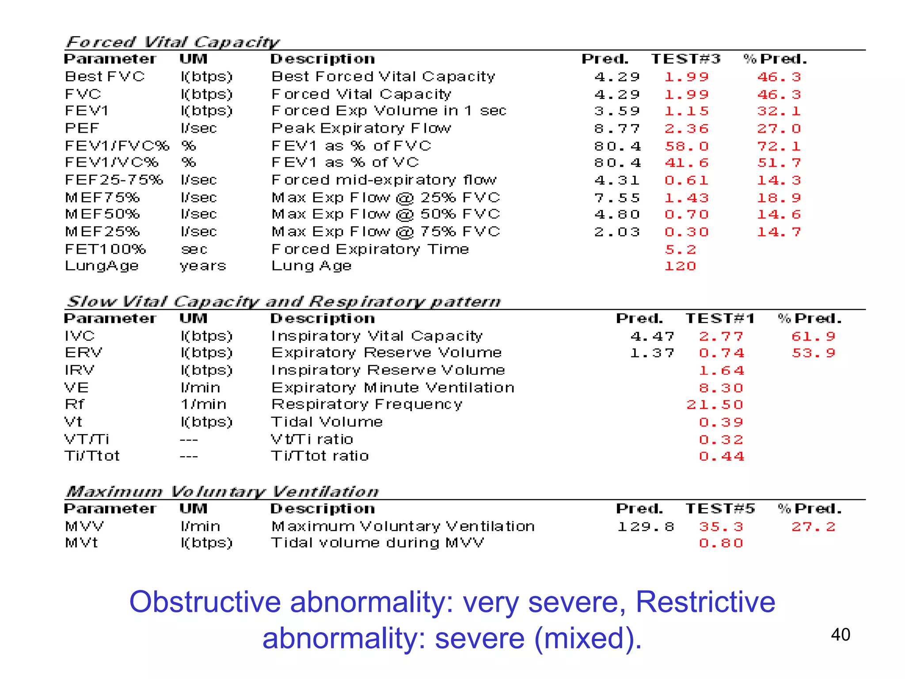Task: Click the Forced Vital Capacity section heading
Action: coord(172,42)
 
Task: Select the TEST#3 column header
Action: coord(685,59)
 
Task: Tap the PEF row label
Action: coord(82,128)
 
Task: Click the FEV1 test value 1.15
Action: coord(686,111)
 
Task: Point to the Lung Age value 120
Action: coord(680,266)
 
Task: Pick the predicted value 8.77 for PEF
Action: coord(617,129)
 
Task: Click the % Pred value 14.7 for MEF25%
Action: coord(779,232)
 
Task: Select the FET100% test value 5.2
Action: coord(680,250)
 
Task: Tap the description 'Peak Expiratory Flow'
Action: coord(361,128)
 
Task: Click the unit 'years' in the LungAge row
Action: coord(203,266)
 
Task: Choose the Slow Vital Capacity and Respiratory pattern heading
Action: coord(283,301)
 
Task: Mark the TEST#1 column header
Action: coord(720,318)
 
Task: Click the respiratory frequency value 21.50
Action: coord(715,404)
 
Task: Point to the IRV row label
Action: coord(80,370)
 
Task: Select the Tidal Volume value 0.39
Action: coord(721,422)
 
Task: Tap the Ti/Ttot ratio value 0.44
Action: coord(721,456)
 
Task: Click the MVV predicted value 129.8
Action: coord(646,526)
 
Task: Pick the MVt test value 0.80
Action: coord(721,543)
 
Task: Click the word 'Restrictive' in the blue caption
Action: coord(705,602)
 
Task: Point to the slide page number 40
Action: coord(840,635)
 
